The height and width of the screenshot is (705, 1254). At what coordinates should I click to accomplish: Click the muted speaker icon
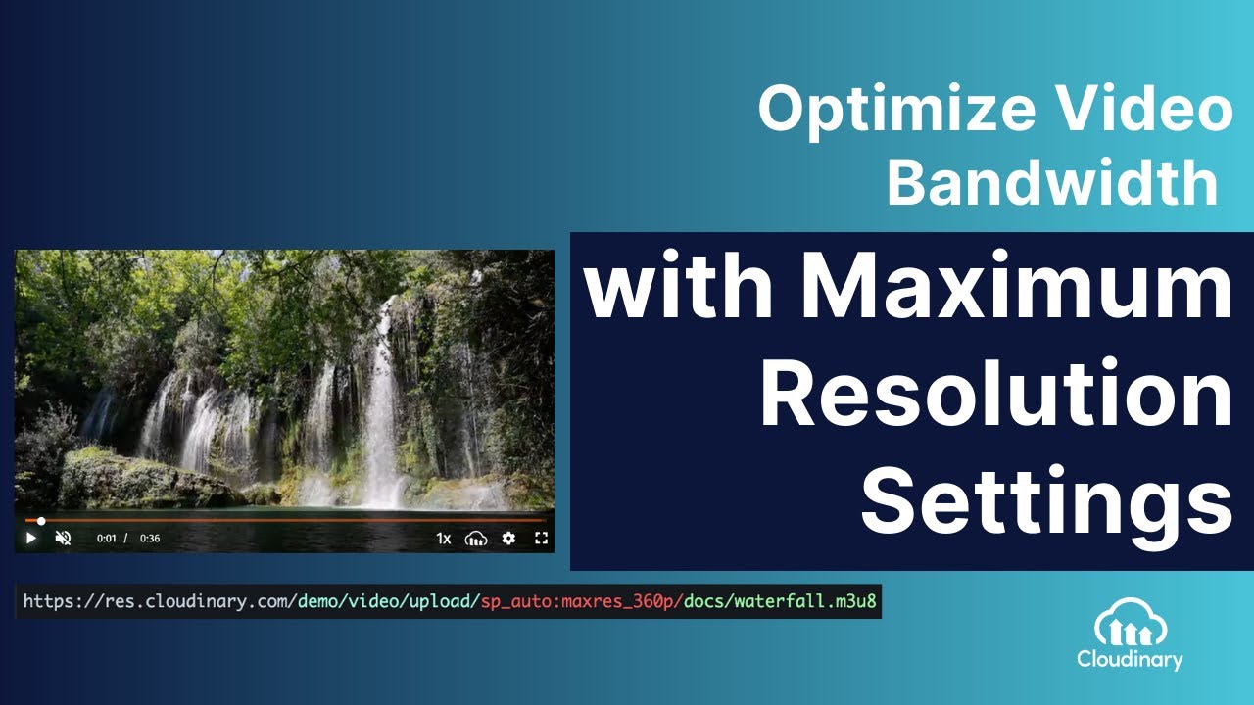coord(64,538)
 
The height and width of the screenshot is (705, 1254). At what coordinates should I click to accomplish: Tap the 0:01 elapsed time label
coord(106,539)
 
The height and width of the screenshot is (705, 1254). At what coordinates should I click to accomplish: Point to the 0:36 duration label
coord(150,539)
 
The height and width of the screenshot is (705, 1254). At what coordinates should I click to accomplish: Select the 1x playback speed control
coord(443,538)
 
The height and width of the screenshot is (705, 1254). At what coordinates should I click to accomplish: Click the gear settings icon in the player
coord(508,538)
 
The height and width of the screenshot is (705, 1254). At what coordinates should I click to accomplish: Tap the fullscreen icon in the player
coord(541,538)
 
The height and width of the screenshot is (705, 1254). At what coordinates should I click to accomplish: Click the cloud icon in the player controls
coord(476,538)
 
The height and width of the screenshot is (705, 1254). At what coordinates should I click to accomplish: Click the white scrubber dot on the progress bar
coord(41,521)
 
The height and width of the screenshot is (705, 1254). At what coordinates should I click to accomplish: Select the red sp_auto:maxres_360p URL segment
coord(581,600)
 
